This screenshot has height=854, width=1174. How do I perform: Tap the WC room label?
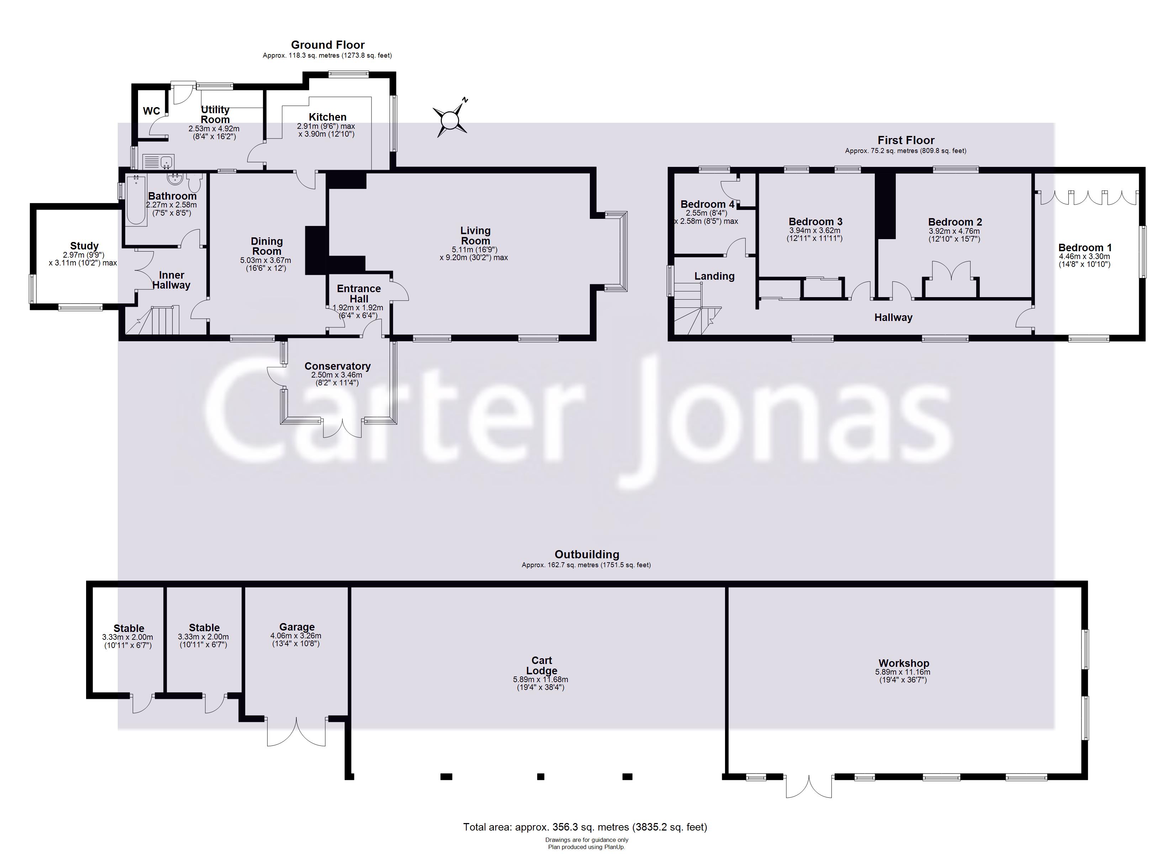(x=151, y=111)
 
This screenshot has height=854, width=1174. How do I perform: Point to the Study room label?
(x=84, y=246)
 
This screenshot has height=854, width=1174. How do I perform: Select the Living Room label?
(x=475, y=236)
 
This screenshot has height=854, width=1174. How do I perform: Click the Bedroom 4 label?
(x=707, y=204)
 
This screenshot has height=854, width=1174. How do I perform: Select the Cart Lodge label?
(x=541, y=665)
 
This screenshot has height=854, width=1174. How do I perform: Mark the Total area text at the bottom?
(x=585, y=827)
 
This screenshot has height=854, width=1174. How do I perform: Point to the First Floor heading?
(x=905, y=140)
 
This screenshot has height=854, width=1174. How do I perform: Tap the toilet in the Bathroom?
(x=195, y=183)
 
